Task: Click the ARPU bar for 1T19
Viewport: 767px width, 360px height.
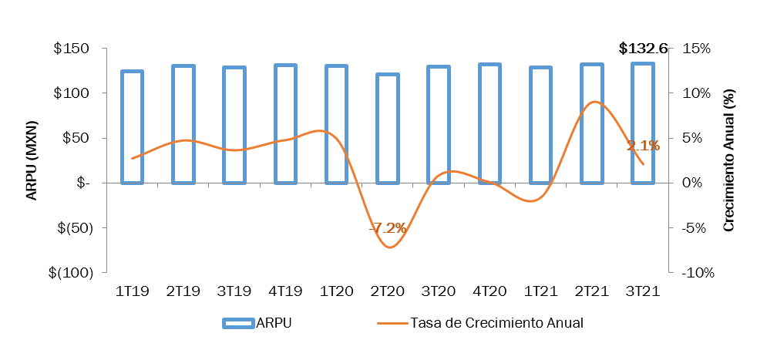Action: coord(132,127)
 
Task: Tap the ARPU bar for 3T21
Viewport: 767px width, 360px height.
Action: coord(643,123)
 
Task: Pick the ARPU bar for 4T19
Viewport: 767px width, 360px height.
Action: coord(285,124)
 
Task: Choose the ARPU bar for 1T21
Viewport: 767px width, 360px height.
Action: coord(540,126)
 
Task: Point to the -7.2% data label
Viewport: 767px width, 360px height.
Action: coord(388,228)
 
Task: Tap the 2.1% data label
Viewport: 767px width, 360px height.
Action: coord(643,146)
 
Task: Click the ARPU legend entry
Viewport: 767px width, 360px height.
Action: coord(257,323)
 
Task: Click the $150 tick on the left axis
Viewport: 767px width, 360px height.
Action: coord(73,49)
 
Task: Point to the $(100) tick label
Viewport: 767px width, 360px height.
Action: coord(70,273)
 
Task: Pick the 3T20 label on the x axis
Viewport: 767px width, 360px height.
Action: coord(438,291)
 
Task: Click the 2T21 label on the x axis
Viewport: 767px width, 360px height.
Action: coord(592,291)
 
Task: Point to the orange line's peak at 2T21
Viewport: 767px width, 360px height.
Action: coord(592,102)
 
